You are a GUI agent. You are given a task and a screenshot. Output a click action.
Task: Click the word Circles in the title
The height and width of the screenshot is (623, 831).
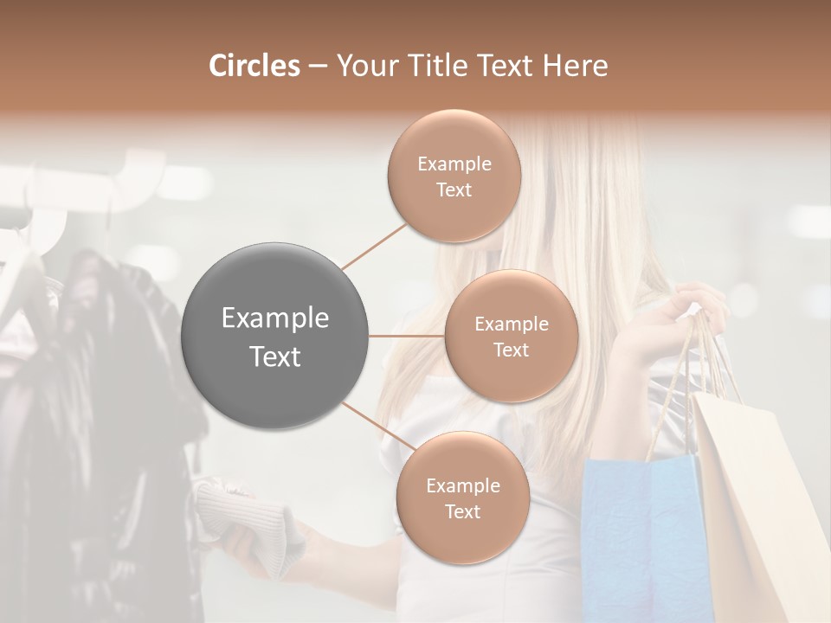[x=254, y=66]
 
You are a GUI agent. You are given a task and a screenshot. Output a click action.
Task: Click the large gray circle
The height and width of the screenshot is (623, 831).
[x=275, y=336]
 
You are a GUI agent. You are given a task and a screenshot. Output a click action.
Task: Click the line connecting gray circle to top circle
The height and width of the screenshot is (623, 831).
[x=374, y=247]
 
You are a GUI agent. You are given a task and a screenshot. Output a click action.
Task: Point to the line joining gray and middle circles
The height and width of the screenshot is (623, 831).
[x=407, y=336]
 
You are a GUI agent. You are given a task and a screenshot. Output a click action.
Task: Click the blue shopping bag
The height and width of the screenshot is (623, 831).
[x=636, y=536]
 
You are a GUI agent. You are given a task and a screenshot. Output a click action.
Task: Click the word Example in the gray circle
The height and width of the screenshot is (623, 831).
[x=275, y=318]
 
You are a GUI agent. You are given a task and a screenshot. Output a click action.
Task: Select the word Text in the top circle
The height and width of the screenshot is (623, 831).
[x=454, y=190]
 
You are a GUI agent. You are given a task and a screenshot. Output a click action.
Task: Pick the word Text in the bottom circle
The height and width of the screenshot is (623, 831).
[x=462, y=512]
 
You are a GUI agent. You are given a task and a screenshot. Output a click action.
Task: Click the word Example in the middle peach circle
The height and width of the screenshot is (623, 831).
[x=512, y=324]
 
